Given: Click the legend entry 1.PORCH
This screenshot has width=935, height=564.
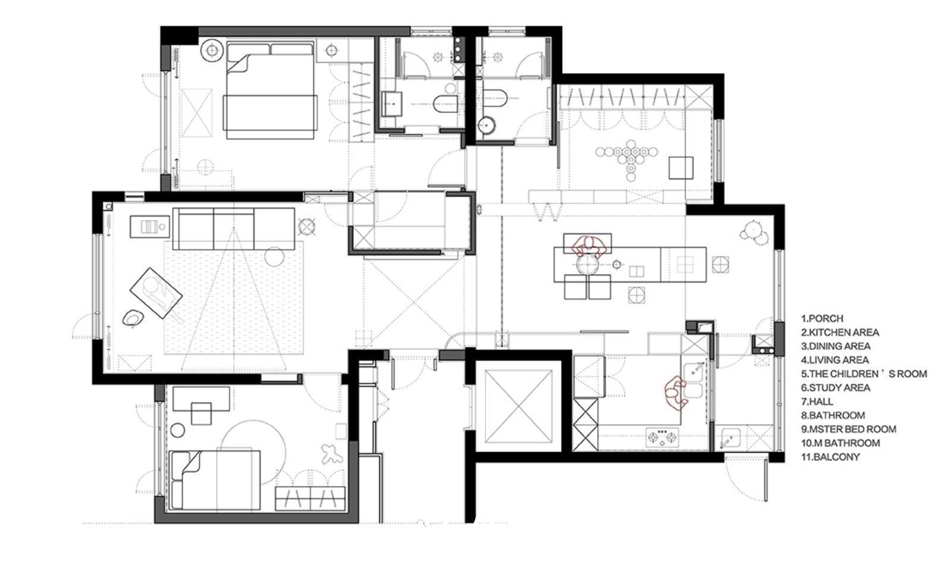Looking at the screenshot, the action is (x=822, y=318).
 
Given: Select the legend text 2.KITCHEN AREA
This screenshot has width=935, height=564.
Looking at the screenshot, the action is (x=840, y=333).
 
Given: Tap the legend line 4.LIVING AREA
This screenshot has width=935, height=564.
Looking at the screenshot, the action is (x=834, y=360).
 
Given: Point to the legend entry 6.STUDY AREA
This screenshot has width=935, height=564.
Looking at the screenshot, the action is (x=835, y=388).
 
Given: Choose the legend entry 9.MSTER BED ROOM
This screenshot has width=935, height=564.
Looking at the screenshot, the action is (x=849, y=429).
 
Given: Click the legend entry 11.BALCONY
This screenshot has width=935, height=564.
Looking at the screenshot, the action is (x=830, y=457).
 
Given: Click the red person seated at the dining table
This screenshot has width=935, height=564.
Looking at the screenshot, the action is (x=589, y=247).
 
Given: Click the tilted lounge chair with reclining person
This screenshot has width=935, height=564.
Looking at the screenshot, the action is (x=156, y=293).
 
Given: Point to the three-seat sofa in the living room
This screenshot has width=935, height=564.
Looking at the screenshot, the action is (x=234, y=229).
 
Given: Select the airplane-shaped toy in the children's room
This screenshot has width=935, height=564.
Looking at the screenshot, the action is (x=332, y=454).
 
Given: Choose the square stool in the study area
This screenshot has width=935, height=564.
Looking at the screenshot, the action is (x=681, y=168).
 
